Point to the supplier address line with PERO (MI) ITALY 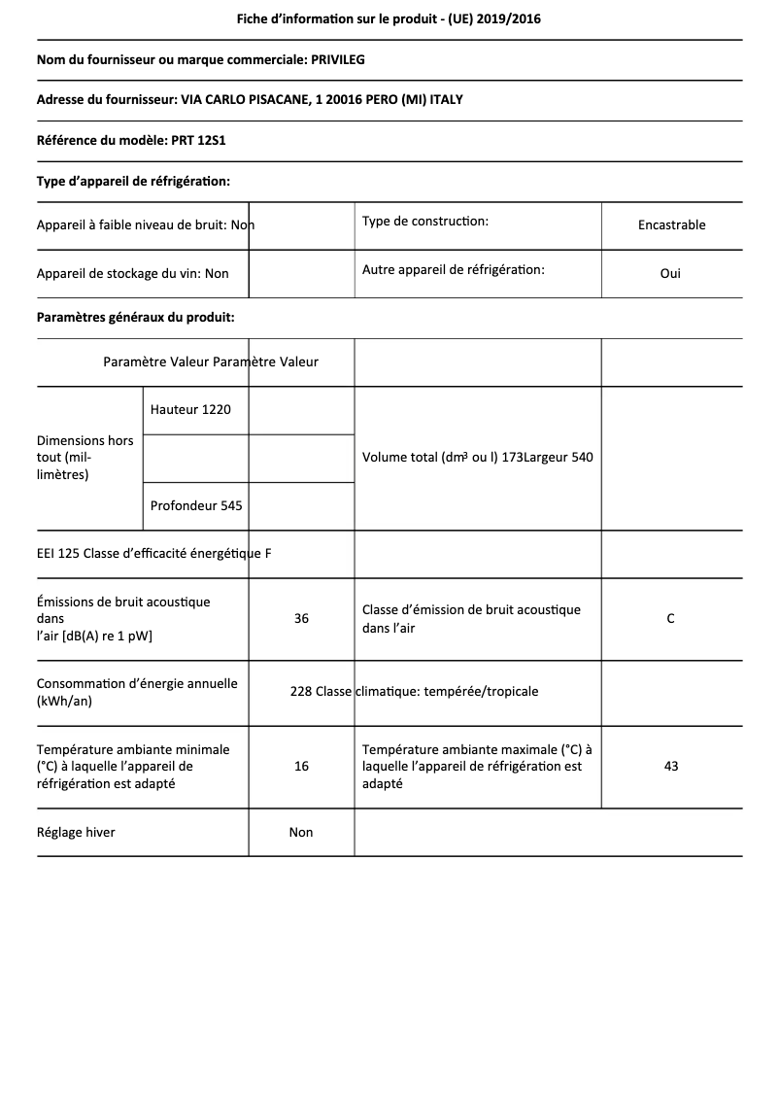(x=256, y=100)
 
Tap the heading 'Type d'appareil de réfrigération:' (x=133, y=181)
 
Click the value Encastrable (x=671, y=224)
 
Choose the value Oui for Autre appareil (x=670, y=273)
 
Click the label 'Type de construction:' (x=424, y=222)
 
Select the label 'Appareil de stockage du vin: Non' (x=133, y=274)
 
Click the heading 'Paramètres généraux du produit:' (x=135, y=317)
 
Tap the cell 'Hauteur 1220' (x=190, y=410)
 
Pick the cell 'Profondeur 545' (x=196, y=505)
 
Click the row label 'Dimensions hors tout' (x=85, y=458)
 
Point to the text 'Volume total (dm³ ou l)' (x=430, y=458)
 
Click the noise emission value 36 (x=301, y=618)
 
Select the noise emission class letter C (x=670, y=618)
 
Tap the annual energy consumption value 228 (x=300, y=692)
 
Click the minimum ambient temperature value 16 (x=301, y=767)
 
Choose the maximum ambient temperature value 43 (x=670, y=767)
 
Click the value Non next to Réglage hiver (x=301, y=832)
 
